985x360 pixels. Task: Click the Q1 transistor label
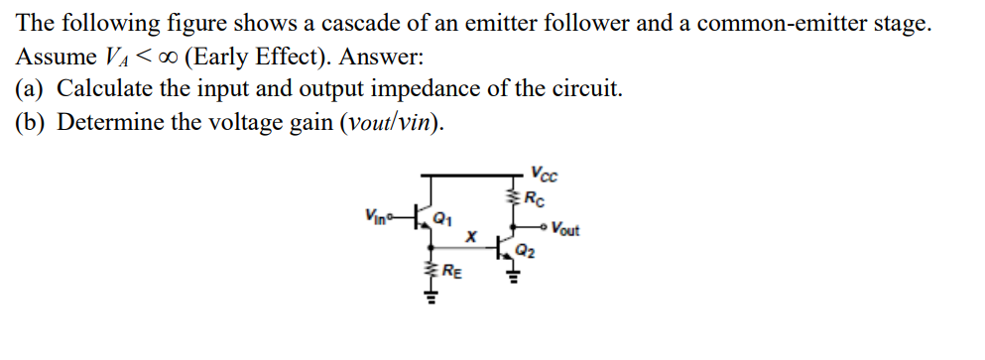(448, 220)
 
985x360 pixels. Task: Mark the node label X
(473, 239)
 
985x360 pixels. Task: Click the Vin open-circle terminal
(395, 217)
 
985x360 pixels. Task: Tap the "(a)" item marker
(30, 88)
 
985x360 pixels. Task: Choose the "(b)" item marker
(30, 122)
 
